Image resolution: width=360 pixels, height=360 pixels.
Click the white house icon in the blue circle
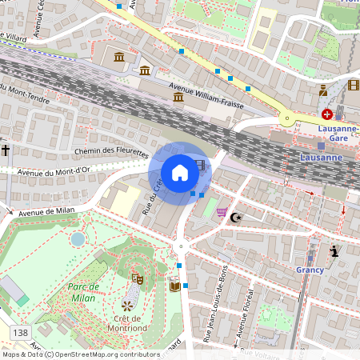coord(180,172)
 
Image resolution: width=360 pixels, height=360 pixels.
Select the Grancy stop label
coord(310,270)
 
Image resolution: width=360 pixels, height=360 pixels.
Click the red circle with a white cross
coord(327,114)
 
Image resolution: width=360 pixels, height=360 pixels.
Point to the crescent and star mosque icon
coord(235,217)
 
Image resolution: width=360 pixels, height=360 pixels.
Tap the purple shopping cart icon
coord(221,212)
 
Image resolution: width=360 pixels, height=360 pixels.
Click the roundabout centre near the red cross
coord(286,118)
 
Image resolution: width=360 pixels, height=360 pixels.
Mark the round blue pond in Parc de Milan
coord(78,238)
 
